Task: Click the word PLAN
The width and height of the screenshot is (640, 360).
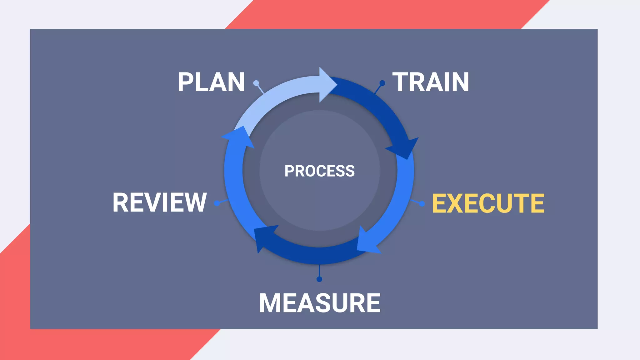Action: (211, 82)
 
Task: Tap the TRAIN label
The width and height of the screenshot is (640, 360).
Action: (431, 82)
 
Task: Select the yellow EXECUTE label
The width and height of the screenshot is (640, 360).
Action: (488, 203)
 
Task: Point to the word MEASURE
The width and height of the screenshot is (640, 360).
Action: (320, 303)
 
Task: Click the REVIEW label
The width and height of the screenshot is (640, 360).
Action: (160, 202)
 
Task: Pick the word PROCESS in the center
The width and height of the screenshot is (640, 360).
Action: (319, 171)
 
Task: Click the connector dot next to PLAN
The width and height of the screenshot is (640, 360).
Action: (256, 83)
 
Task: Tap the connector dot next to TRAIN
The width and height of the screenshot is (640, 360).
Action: (382, 83)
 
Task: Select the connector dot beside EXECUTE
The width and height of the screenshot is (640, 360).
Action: (422, 204)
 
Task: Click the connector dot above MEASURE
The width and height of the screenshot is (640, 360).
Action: (319, 279)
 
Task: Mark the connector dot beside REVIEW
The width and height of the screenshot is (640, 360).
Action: (217, 203)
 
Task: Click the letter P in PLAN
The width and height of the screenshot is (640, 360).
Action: (185, 82)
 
